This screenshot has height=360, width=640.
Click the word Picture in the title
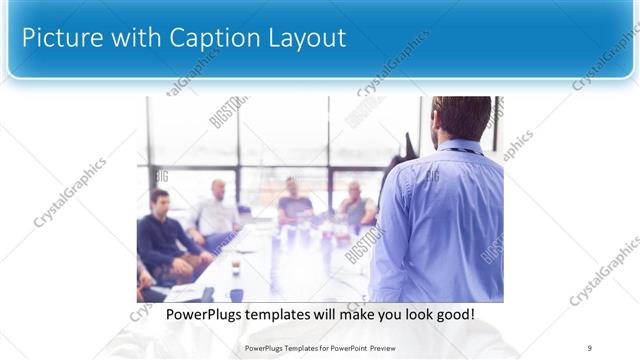click(x=60, y=38)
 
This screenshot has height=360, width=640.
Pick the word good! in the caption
click(x=452, y=315)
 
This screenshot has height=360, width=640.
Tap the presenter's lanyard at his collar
click(x=461, y=151)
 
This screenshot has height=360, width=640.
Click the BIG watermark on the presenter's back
click(x=433, y=177)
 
